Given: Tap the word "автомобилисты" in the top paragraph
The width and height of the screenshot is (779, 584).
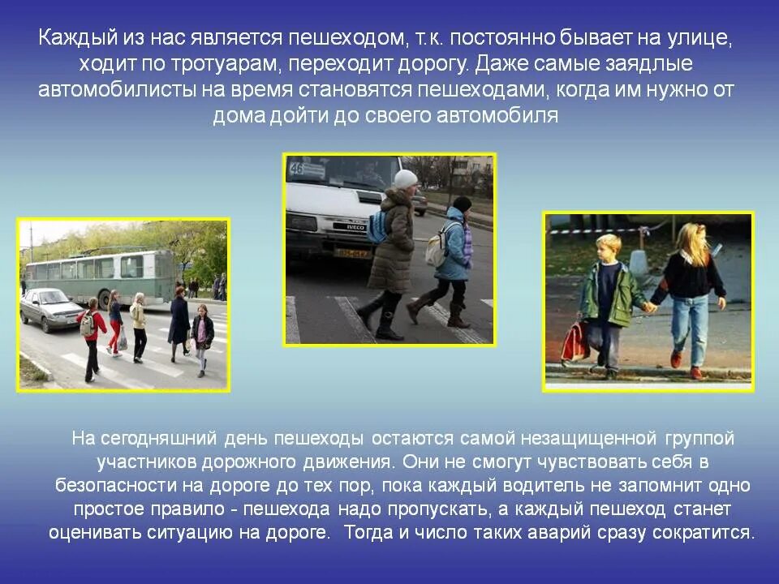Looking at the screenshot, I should [108, 89].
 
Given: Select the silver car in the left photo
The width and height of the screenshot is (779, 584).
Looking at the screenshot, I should [50, 309].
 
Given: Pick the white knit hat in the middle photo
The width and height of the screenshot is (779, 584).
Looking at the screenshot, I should [406, 178].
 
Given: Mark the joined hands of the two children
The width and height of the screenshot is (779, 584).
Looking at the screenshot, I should [649, 307].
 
